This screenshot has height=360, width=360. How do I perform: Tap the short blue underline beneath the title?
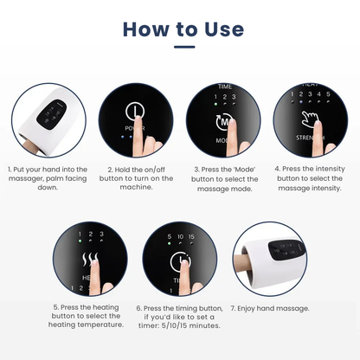pos(180,48)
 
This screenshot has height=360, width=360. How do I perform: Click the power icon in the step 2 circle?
pos(137,113)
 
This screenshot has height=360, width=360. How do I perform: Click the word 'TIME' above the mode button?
pos(225,87)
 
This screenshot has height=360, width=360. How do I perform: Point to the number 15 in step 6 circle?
pos(202,235)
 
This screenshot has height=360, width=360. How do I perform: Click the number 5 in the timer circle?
pos(168,235)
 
